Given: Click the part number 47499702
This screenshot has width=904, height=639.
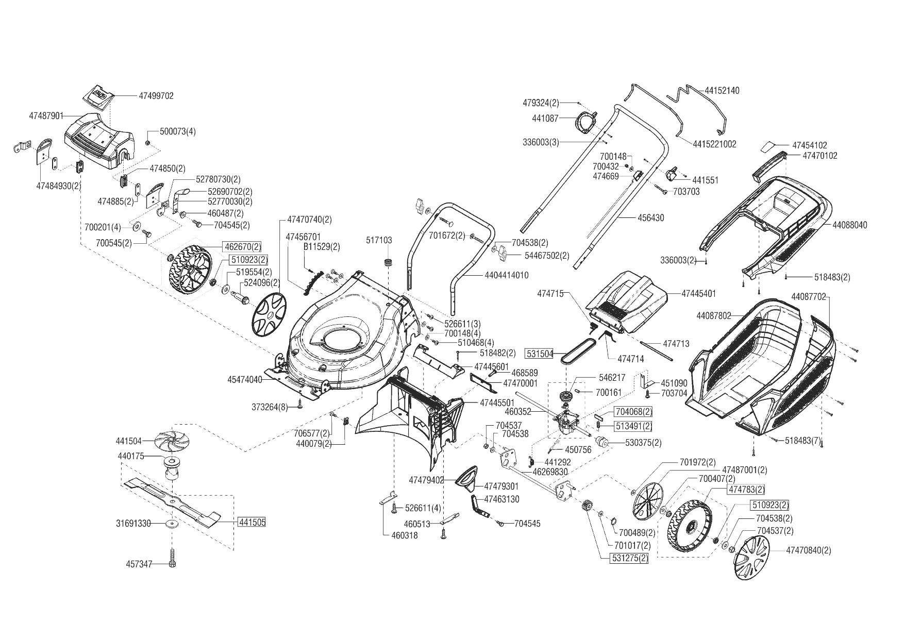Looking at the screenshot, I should click(x=156, y=96).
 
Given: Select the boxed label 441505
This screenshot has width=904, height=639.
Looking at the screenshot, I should click(x=252, y=523).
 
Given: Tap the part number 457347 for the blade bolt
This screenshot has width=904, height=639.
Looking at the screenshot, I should click(x=139, y=564).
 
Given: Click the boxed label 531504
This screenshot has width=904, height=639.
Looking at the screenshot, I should click(x=539, y=354).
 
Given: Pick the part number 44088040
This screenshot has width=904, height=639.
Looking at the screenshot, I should click(x=850, y=225).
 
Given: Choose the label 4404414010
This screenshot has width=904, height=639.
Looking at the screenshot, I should click(x=507, y=275).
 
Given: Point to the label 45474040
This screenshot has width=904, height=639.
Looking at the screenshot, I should click(x=245, y=380).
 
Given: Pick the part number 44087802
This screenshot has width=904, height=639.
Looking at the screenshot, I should click(x=714, y=315).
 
